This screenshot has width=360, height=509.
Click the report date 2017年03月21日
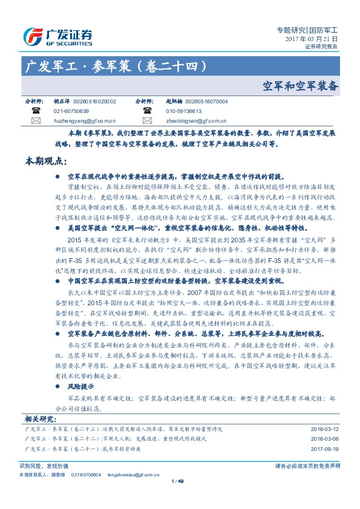pyautogui.click(x=311, y=38)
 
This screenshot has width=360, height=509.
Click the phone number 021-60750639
pyautogui.click(x=71, y=111)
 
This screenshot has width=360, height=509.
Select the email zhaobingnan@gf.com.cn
pyautogui.click(x=192, y=120)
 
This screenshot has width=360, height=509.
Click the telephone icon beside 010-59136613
pyautogui.click(x=148, y=111)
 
